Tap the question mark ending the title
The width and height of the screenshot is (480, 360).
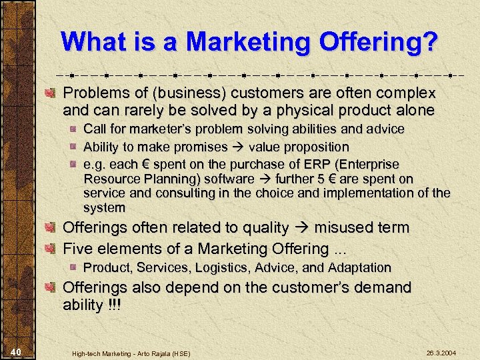pos(429,42)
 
